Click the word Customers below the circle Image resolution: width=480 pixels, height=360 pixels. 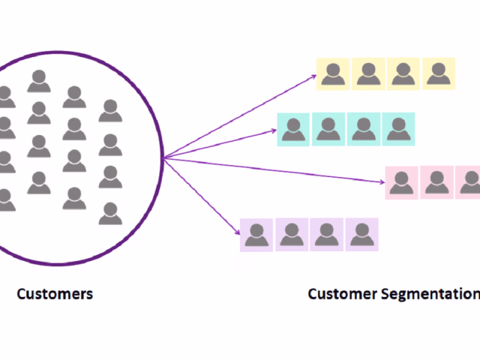pyautogui.click(x=54, y=294)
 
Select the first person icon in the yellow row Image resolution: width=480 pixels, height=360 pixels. pyautogui.click(x=333, y=74)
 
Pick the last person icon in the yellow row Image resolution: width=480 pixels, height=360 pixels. pyautogui.click(x=438, y=74)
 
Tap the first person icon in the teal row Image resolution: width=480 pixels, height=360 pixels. pyautogui.click(x=293, y=129)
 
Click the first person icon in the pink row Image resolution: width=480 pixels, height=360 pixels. pyautogui.click(x=401, y=182)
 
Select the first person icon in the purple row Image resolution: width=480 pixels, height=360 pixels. pyautogui.click(x=257, y=234)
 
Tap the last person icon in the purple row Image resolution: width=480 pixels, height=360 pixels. pyautogui.click(x=361, y=234)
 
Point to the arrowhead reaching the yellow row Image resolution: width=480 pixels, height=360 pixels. pyautogui.click(x=313, y=76)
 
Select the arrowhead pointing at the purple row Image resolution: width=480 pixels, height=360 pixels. pyautogui.click(x=237, y=232)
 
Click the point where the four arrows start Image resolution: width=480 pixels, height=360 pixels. pyautogui.click(x=163, y=158)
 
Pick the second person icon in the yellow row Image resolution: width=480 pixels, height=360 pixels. pyautogui.click(x=369, y=74)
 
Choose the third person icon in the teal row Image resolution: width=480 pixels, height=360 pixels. pyautogui.click(x=363, y=129)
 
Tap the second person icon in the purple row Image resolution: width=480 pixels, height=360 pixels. pyautogui.click(x=292, y=234)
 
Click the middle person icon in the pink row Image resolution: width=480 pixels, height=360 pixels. pyautogui.click(x=436, y=182)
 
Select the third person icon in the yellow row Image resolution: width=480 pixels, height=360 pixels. pyautogui.click(x=403, y=74)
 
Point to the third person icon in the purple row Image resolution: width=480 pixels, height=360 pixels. pyautogui.click(x=327, y=234)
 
